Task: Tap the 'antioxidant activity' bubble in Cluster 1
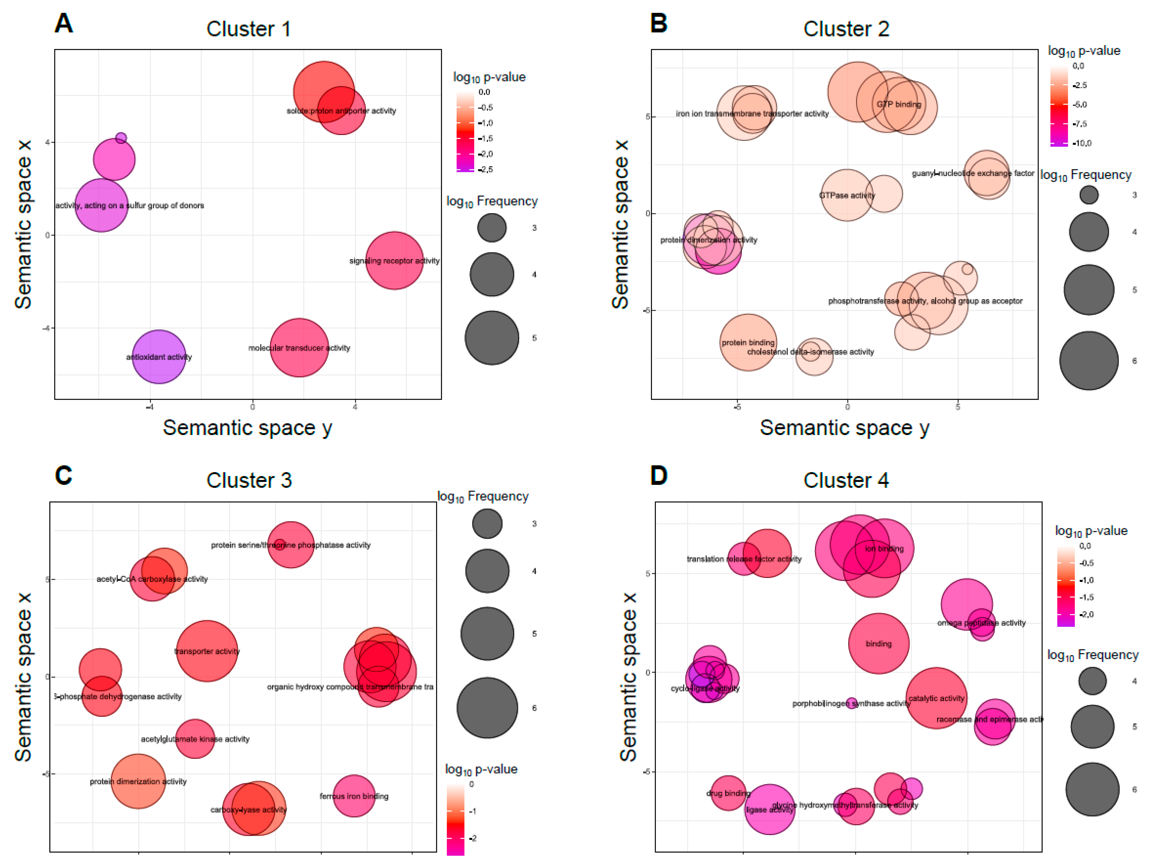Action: pyautogui.click(x=159, y=357)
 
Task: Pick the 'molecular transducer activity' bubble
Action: pyautogui.click(x=299, y=348)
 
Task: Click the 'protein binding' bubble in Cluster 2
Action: pyautogui.click(x=748, y=343)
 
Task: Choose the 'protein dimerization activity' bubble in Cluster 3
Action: pyautogui.click(x=138, y=781)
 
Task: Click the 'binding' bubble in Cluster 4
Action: pyautogui.click(x=878, y=643)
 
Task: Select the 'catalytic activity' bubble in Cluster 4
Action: pyautogui.click(x=936, y=698)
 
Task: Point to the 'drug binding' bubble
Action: pyautogui.click(x=728, y=793)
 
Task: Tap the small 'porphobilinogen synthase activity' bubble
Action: pyautogui.click(x=852, y=703)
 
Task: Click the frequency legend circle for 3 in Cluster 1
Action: pyautogui.click(x=492, y=228)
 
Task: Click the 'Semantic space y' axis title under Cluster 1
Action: pyautogui.click(x=247, y=428)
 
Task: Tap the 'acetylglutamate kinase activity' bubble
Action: pyautogui.click(x=195, y=739)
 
